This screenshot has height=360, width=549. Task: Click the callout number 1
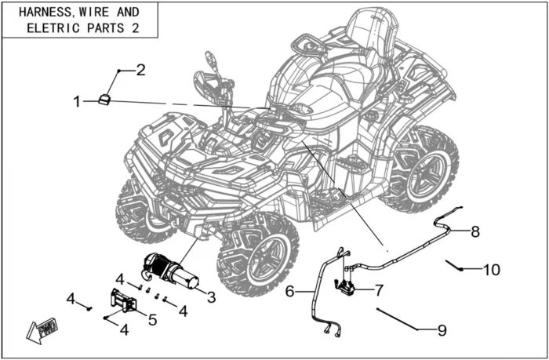(x=77, y=101)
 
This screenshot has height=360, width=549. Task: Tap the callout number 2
(x=141, y=70)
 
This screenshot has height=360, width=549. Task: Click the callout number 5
(x=152, y=319)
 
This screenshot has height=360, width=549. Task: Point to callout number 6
(x=289, y=292)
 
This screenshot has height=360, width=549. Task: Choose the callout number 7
(x=379, y=290)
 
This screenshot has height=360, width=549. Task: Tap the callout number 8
(x=474, y=231)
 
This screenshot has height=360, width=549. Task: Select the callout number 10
(x=491, y=270)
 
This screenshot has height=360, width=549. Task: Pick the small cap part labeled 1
(x=104, y=98)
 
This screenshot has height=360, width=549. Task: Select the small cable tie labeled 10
(x=453, y=264)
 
